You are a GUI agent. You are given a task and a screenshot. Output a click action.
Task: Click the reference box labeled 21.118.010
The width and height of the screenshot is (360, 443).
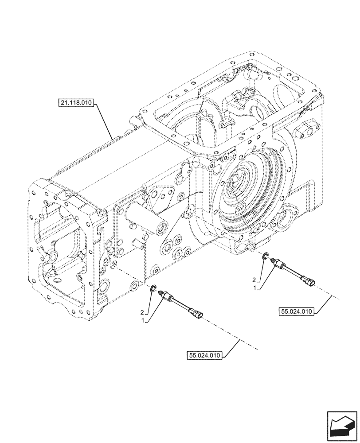(x=75, y=104)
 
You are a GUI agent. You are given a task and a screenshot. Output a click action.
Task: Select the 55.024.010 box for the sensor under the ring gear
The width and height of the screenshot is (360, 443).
(x=297, y=311)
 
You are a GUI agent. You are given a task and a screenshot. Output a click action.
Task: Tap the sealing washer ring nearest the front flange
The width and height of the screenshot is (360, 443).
(x=153, y=288)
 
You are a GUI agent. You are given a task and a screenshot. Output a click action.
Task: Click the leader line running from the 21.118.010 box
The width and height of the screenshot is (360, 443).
(x=104, y=120)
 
